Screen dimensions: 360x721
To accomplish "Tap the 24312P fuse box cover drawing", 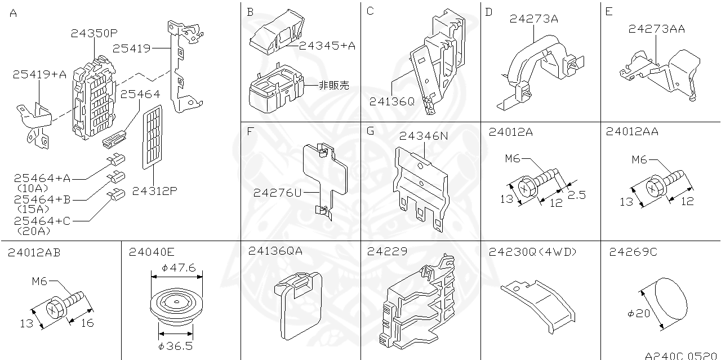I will coord(149,137).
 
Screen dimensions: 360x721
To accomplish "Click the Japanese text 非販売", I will coord(333,85).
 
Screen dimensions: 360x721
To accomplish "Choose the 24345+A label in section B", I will coord(327,46).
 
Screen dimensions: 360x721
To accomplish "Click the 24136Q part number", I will coord(391,101).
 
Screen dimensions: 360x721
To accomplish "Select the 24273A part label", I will coord(533,19).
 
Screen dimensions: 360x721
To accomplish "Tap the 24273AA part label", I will coord(656,29).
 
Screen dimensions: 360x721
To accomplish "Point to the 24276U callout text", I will coord(277,193).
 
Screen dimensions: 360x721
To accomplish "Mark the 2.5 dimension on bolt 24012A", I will coord(576,194).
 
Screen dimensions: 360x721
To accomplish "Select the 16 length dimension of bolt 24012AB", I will coord(86,322).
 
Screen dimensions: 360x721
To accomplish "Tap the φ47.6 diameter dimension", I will coord(178,268).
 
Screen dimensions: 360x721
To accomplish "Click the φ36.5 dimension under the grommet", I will coord(176,345).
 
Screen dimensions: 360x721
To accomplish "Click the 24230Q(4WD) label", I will coord(533,252).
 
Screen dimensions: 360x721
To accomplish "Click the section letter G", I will coord(370,131).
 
